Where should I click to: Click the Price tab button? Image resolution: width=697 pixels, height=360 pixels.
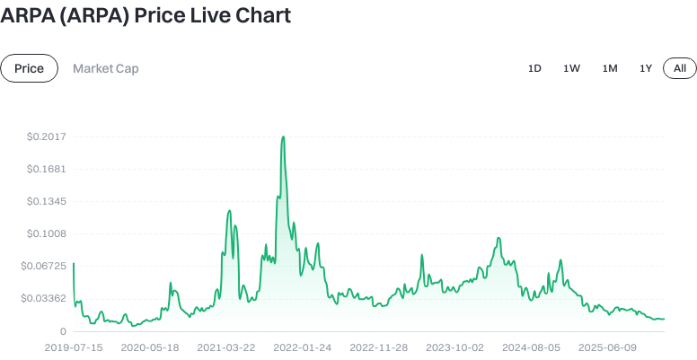tap(29, 68)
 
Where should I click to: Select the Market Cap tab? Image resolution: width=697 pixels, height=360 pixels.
tap(105, 68)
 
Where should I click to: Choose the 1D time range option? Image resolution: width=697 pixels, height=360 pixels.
tap(534, 68)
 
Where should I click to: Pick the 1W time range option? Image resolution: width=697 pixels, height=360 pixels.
tap(571, 68)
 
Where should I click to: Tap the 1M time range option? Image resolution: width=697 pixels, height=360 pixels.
tap(610, 68)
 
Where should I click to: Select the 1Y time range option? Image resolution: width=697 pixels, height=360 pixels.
tap(646, 68)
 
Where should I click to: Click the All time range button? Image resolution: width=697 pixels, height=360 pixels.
tap(680, 68)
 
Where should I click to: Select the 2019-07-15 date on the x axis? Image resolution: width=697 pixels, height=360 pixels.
tap(74, 347)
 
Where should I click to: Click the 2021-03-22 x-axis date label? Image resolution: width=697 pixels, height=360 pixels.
tap(226, 347)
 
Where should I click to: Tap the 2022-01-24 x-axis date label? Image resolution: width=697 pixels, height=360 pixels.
tap(303, 347)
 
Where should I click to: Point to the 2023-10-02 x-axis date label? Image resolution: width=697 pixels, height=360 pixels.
tap(454, 347)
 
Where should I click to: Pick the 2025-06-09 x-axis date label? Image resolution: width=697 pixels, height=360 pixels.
tap(607, 347)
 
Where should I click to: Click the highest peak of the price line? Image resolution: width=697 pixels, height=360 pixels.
tap(283, 137)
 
